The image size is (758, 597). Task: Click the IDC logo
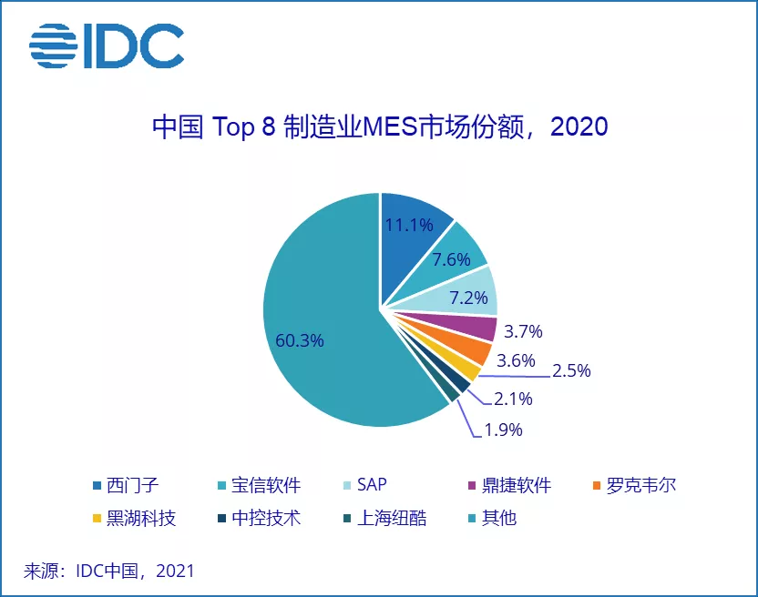pos(106,46)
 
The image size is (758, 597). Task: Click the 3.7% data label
pos(523,330)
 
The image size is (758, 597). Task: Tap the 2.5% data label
pos(571,370)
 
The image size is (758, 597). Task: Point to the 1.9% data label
pos(503,430)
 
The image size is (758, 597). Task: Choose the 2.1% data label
pos(513,399)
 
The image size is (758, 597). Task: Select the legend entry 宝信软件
pos(255,485)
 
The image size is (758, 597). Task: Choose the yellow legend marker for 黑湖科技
pos(97,520)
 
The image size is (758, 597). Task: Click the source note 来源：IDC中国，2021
pos(109,572)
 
